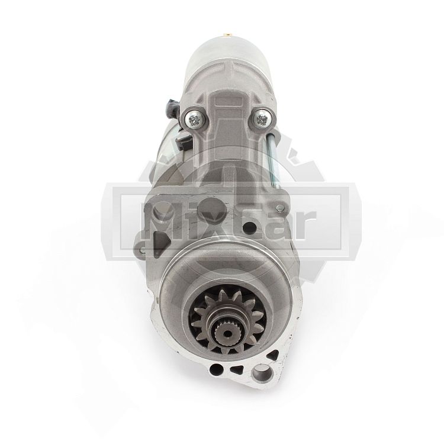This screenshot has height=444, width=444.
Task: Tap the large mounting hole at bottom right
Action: click(262, 372)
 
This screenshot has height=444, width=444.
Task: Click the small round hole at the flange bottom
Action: click(215, 368)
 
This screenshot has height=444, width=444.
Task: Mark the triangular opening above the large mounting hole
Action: click(273, 356)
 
